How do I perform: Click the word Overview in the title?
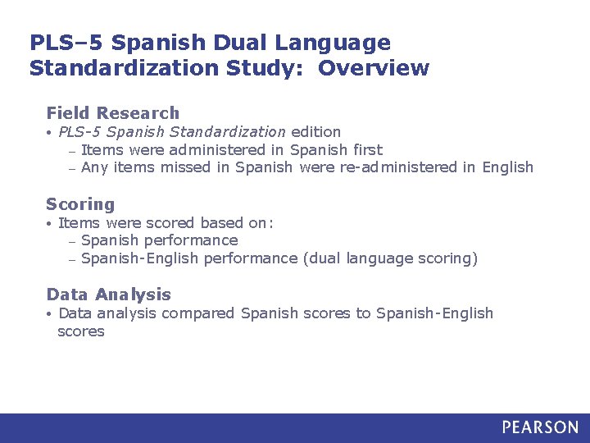click(x=374, y=67)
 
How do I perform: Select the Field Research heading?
click(x=112, y=113)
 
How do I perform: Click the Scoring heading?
click(x=80, y=204)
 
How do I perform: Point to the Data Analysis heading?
click(x=109, y=295)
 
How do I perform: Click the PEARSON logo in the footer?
click(x=540, y=427)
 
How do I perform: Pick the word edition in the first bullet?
click(x=315, y=131)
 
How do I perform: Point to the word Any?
click(x=95, y=167)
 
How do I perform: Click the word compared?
click(x=199, y=313)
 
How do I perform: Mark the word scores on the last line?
click(x=81, y=331)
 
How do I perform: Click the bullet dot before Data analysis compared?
click(x=50, y=313)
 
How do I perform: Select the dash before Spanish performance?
click(x=72, y=241)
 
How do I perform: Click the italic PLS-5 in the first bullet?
click(x=79, y=131)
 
